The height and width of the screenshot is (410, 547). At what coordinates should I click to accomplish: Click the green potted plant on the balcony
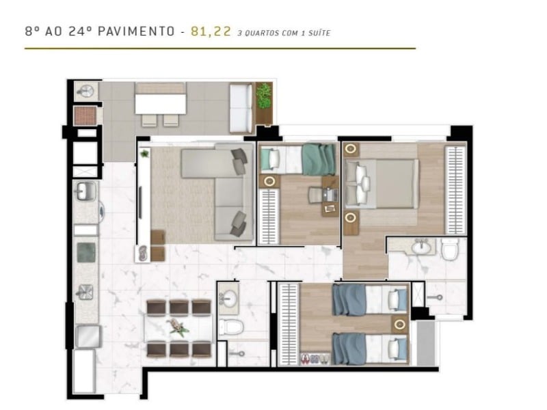tap(263, 96)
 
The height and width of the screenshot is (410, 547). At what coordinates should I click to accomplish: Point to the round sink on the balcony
tap(86, 92)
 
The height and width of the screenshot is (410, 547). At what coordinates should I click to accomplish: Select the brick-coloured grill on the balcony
tap(84, 115)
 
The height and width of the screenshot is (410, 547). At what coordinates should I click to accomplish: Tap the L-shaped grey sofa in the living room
tap(219, 191)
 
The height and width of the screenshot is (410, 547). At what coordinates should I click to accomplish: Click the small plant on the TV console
tap(145, 154)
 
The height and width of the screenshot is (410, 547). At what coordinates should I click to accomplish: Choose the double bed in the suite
tap(383, 182)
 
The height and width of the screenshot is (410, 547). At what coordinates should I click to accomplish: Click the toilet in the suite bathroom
tap(450, 250)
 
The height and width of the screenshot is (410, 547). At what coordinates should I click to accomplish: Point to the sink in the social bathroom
tap(228, 298)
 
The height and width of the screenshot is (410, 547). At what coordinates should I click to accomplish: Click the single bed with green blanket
tap(301, 159)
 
